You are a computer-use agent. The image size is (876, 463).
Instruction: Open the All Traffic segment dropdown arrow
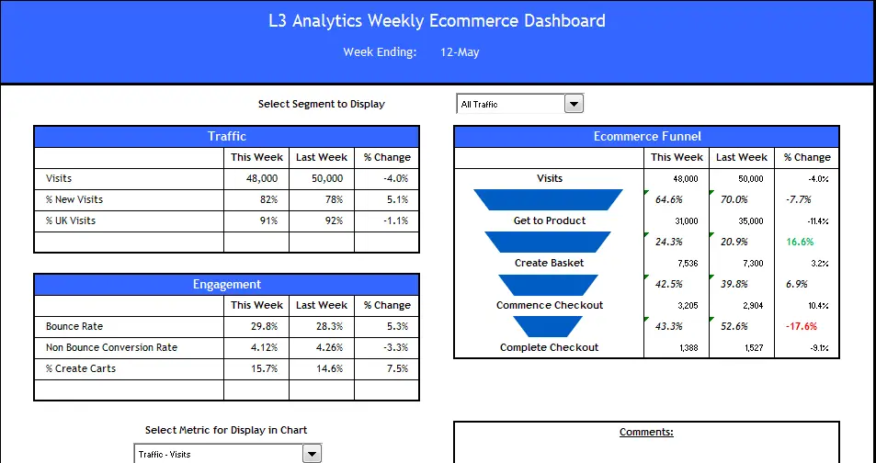tap(575, 104)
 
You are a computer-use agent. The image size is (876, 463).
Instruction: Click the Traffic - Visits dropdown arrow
tap(313, 454)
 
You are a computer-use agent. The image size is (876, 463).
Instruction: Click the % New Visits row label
tap(74, 199)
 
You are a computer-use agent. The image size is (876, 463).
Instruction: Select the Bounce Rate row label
tap(74, 326)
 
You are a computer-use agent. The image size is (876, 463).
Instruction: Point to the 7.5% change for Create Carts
tap(396, 368)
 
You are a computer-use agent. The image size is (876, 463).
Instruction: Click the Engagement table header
tap(226, 285)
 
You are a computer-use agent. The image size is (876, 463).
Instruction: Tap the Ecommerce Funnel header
tap(647, 137)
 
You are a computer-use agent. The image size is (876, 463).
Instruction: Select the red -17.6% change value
tap(802, 326)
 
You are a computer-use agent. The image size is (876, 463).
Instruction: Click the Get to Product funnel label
tap(550, 220)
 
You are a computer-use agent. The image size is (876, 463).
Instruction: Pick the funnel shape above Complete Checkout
tap(548, 326)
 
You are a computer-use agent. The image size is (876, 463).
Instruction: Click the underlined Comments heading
tap(646, 432)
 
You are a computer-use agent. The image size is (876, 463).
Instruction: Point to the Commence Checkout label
tap(550, 305)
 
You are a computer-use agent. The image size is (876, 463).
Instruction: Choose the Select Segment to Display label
tap(322, 104)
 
